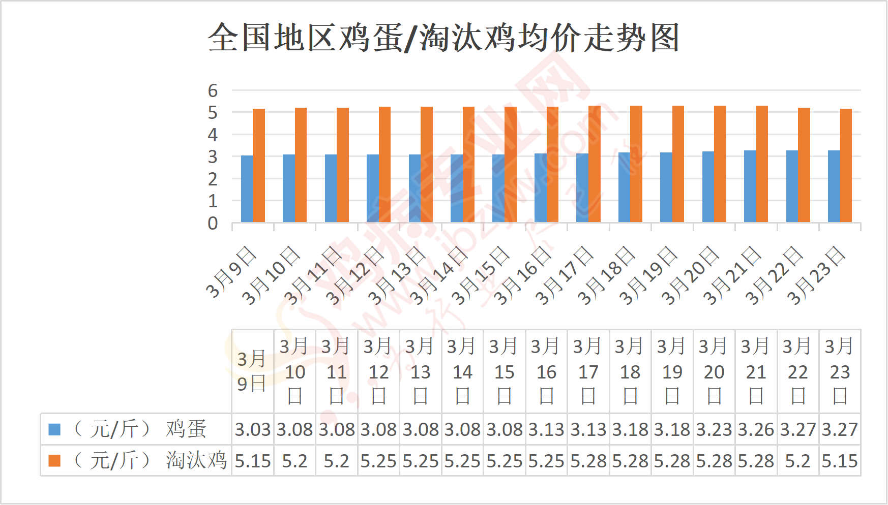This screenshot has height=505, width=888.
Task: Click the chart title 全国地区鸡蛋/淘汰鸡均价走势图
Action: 443,38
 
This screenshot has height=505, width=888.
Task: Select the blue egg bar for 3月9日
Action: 247,189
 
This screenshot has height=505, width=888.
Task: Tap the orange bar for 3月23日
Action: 846,166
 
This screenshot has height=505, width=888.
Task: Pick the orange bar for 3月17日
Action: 594,164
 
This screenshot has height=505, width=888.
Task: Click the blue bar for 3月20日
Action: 708,186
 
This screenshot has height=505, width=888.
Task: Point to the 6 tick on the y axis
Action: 213,91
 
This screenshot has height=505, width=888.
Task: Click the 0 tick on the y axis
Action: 213,223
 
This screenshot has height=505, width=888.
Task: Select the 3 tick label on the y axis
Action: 213,157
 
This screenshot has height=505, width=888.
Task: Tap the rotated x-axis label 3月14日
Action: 439,275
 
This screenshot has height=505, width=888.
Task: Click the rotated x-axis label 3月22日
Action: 774,275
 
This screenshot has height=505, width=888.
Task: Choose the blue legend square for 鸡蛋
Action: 54,430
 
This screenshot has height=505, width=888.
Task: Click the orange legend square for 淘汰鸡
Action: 54,461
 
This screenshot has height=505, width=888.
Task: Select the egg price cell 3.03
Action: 253,430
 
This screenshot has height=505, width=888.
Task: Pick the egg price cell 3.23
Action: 714,430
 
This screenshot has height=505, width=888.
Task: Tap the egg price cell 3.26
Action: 756,430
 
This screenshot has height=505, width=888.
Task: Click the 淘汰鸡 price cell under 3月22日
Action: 798,461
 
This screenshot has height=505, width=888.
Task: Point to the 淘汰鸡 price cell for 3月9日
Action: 253,461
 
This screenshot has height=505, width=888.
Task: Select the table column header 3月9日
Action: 252,371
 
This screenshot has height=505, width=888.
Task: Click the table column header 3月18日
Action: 630,371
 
